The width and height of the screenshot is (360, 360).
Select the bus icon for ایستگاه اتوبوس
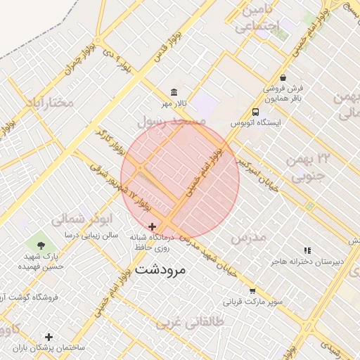tap(255, 112)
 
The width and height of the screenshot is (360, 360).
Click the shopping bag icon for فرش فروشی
tap(283, 77)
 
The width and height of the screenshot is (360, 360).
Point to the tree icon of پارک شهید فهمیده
tap(41, 245)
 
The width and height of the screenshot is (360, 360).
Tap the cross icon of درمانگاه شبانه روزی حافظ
tap(153, 226)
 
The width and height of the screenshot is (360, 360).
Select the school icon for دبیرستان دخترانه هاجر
tap(307, 250)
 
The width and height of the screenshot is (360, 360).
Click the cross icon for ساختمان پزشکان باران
tap(49, 337)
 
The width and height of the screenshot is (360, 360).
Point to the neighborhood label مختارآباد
tap(49, 103)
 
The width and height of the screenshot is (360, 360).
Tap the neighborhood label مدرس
tap(250, 238)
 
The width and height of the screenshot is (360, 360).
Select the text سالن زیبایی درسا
tap(92, 234)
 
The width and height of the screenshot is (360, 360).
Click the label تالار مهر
tap(174, 104)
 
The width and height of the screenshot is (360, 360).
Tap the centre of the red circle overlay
tap(180, 180)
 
